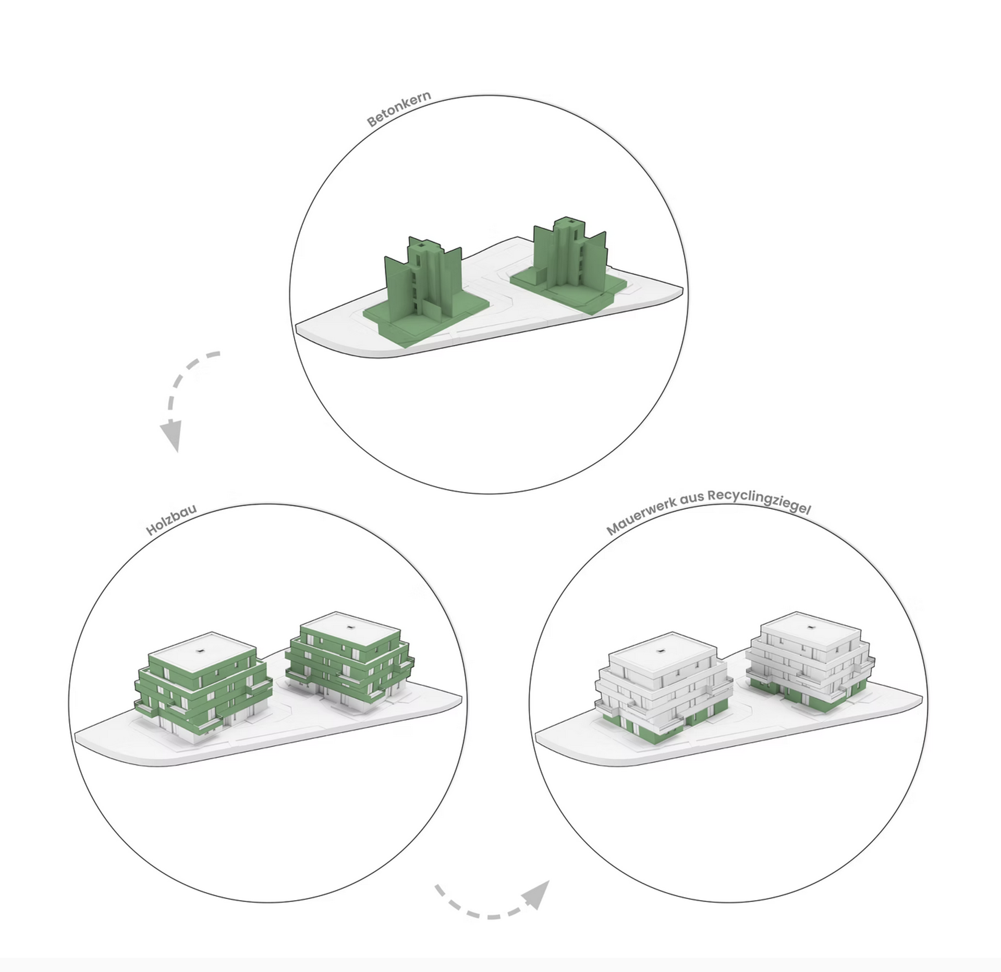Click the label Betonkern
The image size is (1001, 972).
tap(399, 110)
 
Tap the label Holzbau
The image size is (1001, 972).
tap(172, 520)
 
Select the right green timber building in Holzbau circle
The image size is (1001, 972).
tap(349, 662)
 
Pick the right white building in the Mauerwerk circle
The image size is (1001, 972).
tap(810, 662)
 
